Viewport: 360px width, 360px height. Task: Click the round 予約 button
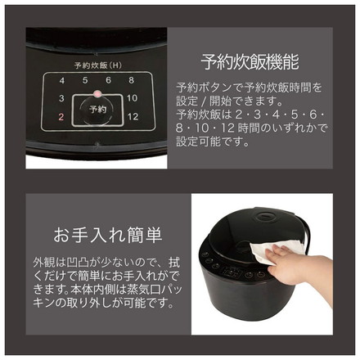(x=97, y=110)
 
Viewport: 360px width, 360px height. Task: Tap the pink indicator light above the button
(x=97, y=94)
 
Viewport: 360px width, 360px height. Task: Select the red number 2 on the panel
(x=61, y=117)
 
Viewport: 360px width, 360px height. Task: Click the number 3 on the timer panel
(x=61, y=98)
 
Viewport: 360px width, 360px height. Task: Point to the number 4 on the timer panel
(x=62, y=81)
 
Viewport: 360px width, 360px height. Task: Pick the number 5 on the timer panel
(x=85, y=80)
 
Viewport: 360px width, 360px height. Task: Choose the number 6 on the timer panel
(x=109, y=80)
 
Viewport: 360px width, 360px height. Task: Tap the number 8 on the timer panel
(x=132, y=80)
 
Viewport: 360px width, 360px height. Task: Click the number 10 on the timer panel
(x=132, y=98)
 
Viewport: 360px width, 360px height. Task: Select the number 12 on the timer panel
(x=133, y=117)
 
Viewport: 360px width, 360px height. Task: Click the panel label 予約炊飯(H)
(x=97, y=65)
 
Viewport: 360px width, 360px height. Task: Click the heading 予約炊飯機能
(x=250, y=62)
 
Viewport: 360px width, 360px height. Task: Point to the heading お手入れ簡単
(x=108, y=235)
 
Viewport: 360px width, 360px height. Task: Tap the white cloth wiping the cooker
(x=276, y=248)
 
